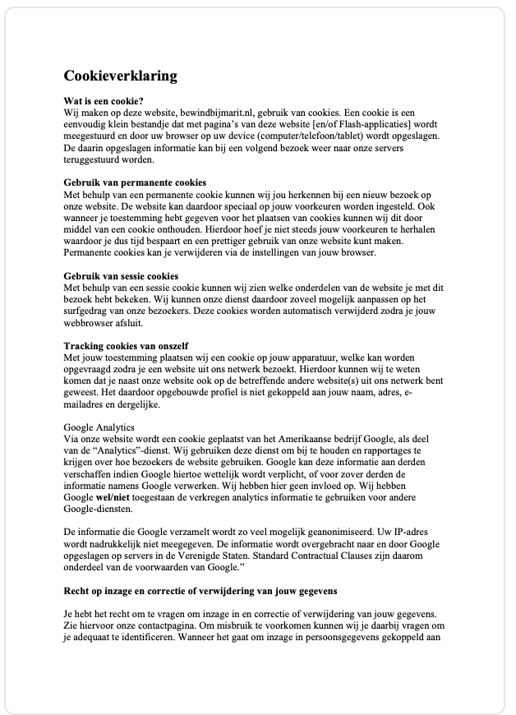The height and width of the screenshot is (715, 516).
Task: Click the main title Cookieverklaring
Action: tap(120, 76)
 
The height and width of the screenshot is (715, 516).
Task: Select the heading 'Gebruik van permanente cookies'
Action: tap(135, 182)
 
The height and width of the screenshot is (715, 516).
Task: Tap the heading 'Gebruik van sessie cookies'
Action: tap(121, 275)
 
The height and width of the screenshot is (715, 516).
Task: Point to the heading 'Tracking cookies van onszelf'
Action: tap(126, 345)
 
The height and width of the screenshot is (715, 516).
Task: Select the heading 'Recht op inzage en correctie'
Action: tap(200, 591)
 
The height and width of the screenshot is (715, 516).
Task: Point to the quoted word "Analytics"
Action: tap(114, 451)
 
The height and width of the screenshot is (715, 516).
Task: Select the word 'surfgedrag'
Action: tap(92, 311)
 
